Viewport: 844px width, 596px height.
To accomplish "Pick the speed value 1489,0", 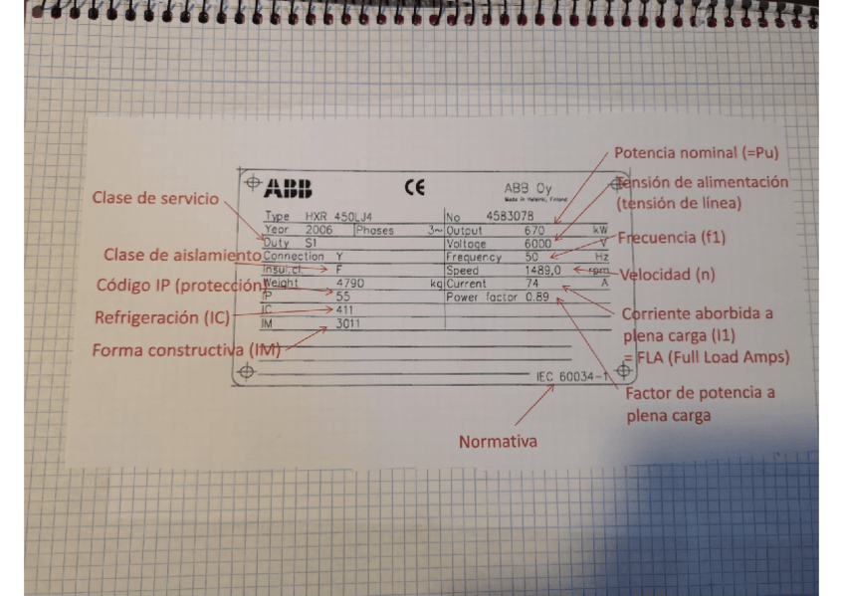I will (544, 270).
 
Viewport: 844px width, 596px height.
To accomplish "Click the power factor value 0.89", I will (536, 298).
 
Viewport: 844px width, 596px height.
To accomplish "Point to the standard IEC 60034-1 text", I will (571, 376).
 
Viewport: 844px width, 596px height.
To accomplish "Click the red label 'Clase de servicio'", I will (155, 198).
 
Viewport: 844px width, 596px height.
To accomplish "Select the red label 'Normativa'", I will (499, 442).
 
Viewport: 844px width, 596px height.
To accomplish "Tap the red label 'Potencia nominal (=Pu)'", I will (696, 154).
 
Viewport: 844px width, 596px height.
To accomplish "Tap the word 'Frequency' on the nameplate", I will (471, 257).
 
